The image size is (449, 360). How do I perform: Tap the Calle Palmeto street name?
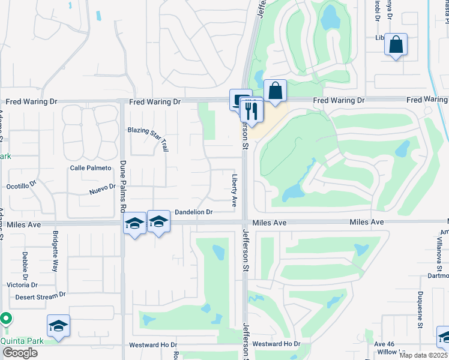91,168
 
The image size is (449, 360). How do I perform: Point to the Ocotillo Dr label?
22,187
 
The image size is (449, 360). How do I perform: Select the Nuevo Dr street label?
102,188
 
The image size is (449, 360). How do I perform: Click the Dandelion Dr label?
194,212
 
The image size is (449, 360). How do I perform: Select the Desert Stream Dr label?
40,296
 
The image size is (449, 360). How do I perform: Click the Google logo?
19,353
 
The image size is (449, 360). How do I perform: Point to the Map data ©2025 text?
423,355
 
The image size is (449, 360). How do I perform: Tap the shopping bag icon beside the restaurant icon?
275,92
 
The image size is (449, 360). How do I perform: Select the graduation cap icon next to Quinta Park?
58,326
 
